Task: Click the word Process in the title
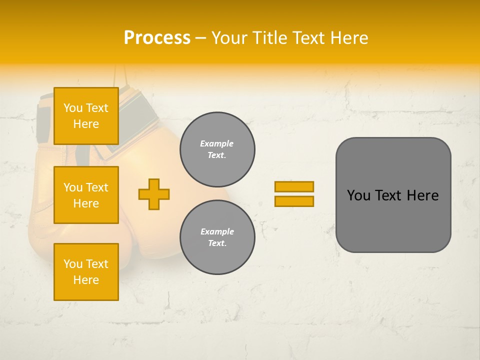point(157,38)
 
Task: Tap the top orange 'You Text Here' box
point(86,116)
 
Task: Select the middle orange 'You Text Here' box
point(86,195)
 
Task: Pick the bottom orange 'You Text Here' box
point(86,272)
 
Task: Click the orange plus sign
point(154,194)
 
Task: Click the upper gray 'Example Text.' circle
point(217,149)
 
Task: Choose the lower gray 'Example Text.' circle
point(217,237)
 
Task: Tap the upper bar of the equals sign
point(294,186)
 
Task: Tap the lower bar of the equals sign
point(294,201)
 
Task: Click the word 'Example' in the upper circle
point(217,144)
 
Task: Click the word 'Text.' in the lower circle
point(217,243)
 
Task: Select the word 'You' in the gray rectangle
point(358,195)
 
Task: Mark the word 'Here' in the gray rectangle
point(422,195)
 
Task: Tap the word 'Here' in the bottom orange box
point(86,280)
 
